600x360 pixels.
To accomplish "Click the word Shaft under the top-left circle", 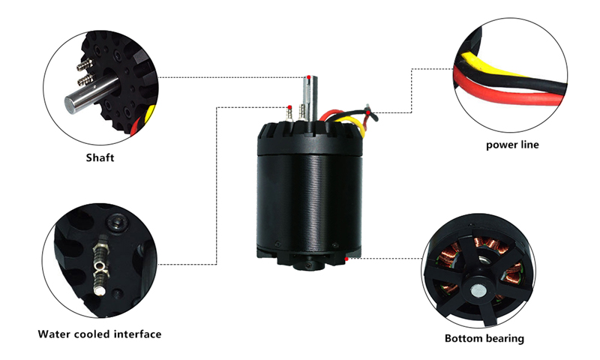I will (x=99, y=158).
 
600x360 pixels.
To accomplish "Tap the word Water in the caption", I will (x=55, y=334).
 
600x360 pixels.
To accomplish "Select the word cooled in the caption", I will (x=94, y=334).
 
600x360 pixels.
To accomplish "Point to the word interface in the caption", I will (x=136, y=334).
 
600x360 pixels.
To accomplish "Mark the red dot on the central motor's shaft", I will (x=308, y=77).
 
